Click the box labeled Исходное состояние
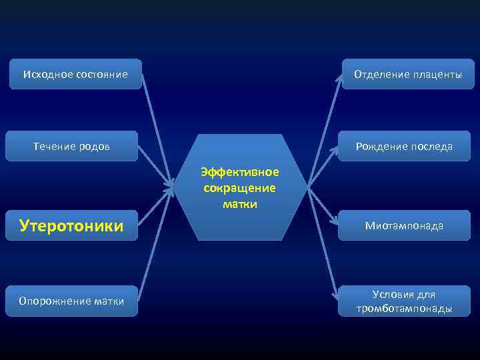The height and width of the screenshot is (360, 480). coord(75,74)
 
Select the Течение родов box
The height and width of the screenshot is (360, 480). coord(72,146)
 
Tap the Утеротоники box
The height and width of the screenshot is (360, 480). coord(72,226)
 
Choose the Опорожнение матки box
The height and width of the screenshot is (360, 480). coord(72,301)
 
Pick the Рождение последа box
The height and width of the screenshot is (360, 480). coord(404,146)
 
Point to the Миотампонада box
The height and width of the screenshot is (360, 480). coord(404,226)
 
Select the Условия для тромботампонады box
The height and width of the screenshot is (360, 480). coord(404,301)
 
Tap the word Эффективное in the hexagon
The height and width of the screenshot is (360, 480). coord(240,172)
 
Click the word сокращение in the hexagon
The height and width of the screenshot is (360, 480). coord(240,188)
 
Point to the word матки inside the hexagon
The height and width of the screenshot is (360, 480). coord(240,204)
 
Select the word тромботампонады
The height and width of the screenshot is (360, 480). coord(404,309)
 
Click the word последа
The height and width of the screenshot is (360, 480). coord(430,146)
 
